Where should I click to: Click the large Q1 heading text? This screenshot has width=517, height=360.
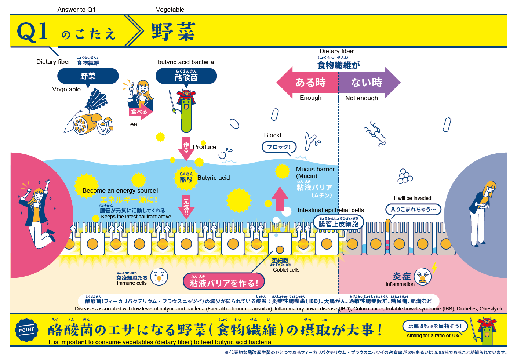33,32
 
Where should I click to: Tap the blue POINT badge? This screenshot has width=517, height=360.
26,330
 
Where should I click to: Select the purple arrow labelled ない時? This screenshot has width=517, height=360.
368,83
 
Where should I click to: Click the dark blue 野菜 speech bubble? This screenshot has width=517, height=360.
88,76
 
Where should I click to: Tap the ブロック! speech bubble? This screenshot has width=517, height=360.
279,147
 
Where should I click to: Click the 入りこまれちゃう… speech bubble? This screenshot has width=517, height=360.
413,210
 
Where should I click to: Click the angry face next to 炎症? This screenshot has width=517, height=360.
423,277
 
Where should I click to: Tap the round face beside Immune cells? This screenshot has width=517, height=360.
159,277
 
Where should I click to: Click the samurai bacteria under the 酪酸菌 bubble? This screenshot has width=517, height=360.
186,110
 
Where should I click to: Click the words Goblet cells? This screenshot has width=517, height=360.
286,270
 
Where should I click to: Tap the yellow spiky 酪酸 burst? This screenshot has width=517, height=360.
186,178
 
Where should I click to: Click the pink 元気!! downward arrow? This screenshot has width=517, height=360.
186,206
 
